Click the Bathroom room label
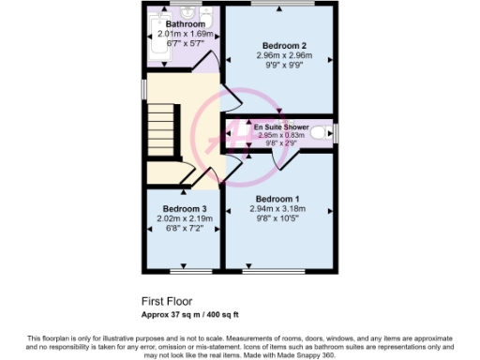click(185, 23)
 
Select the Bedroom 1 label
click(278, 199)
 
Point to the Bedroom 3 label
click(185, 208)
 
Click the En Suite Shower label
click(282, 126)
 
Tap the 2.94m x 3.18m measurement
click(278, 209)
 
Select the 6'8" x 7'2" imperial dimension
click(185, 229)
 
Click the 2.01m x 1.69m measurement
click(185, 34)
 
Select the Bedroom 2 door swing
click(228, 97)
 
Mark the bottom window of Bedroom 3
click(183, 273)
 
